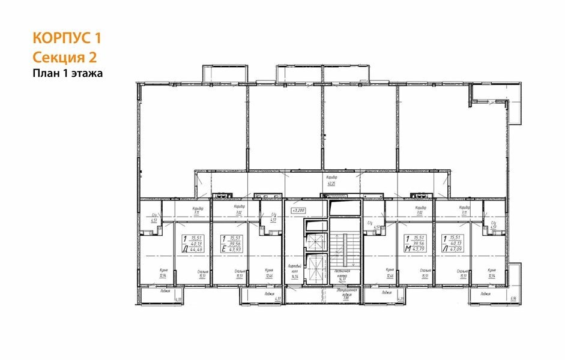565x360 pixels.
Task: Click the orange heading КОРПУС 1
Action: pyautogui.click(x=66, y=38)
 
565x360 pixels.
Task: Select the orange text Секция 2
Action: pyautogui.click(x=64, y=57)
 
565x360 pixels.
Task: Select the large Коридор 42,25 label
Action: pyautogui.click(x=331, y=180)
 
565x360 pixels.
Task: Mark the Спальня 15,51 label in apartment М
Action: pyautogui.click(x=425, y=273)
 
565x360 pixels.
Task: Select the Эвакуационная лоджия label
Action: pyautogui.click(x=346, y=293)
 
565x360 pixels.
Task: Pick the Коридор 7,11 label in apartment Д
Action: pyautogui.click(x=197, y=210)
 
